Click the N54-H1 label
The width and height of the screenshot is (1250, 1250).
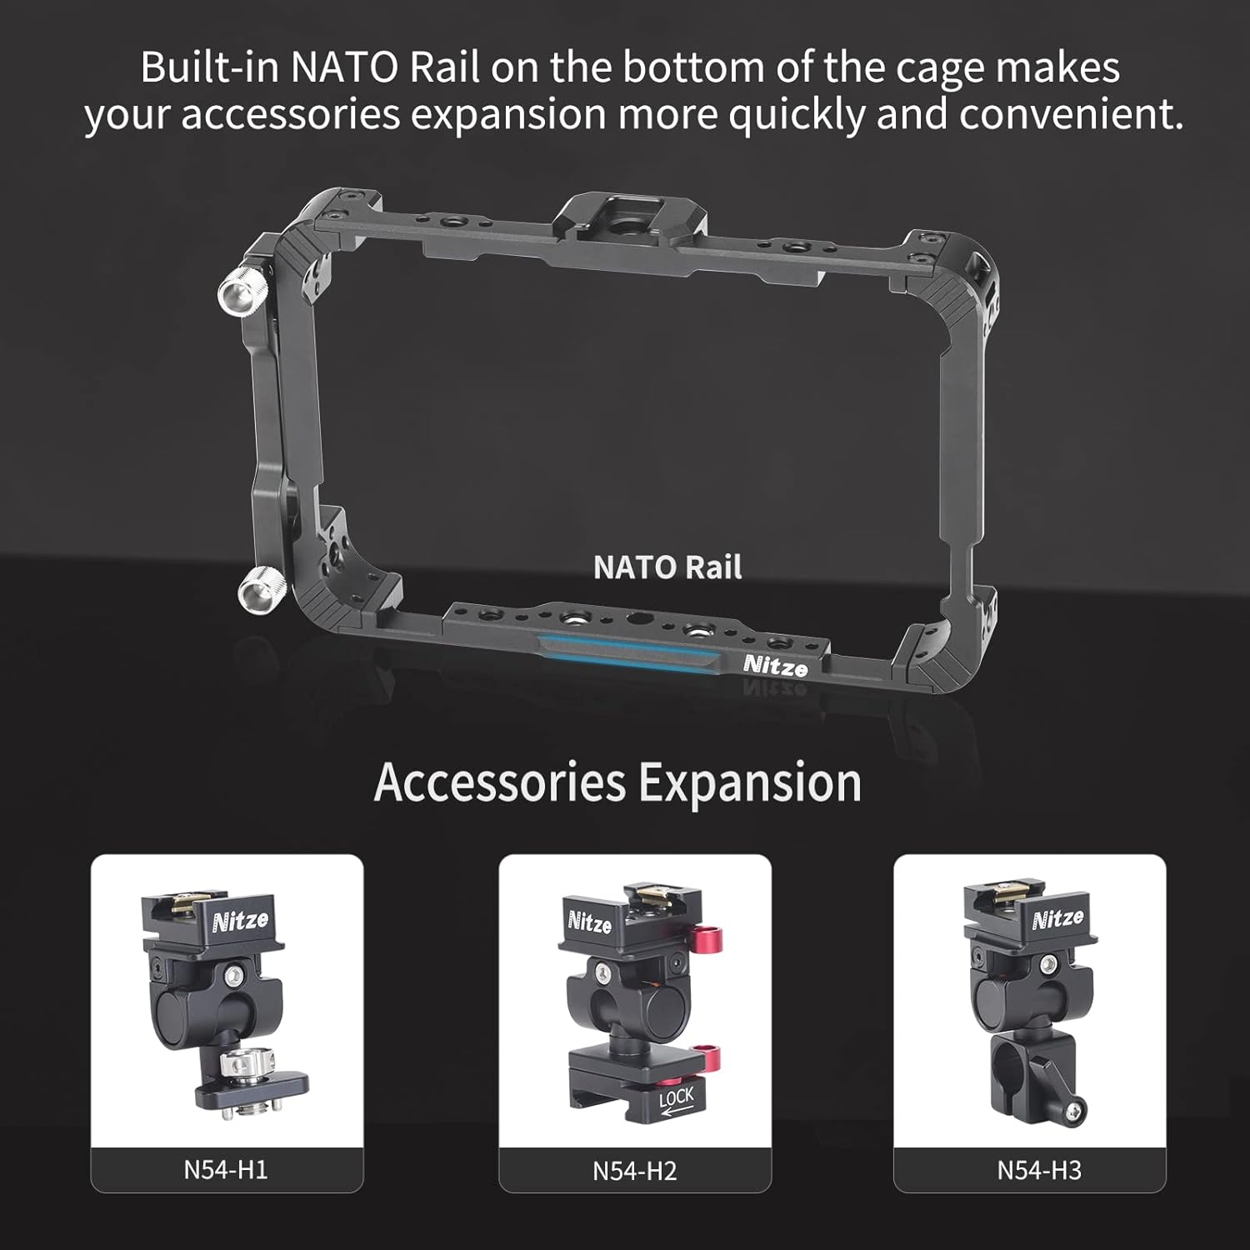(x=226, y=1169)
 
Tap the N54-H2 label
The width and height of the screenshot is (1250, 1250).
(x=635, y=1170)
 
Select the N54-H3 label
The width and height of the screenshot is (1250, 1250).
(x=1039, y=1170)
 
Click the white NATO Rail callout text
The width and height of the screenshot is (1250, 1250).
(x=667, y=567)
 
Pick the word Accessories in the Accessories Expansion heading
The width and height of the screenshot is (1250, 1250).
(x=499, y=782)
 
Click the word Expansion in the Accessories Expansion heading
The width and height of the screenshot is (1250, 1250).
(x=750, y=783)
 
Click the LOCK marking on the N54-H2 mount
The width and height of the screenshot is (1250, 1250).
(x=676, y=1100)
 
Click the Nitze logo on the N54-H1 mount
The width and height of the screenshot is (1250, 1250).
(x=241, y=920)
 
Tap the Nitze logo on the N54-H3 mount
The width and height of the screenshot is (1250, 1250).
(x=1057, y=918)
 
